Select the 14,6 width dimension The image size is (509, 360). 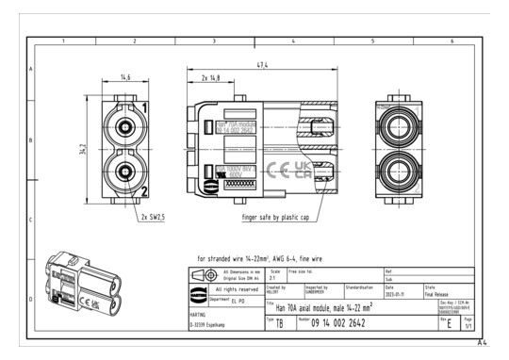pyautogui.click(x=125, y=79)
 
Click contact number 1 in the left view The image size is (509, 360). pyautogui.click(x=143, y=106)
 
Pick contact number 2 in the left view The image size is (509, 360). pyautogui.click(x=143, y=191)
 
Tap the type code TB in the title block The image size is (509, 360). pyautogui.click(x=279, y=324)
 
